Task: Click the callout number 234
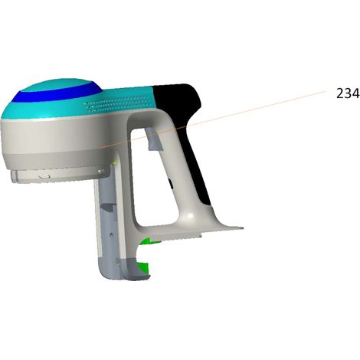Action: tap(348, 93)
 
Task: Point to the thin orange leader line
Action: tap(213, 119)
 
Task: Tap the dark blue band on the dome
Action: tap(56, 93)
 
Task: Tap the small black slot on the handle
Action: tap(170, 184)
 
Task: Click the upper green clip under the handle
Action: tap(150, 241)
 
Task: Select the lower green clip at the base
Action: tap(143, 267)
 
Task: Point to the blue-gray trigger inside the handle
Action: tap(154, 139)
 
